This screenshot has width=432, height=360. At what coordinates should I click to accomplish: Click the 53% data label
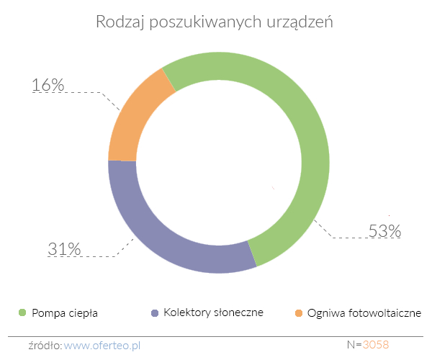tap(384, 232)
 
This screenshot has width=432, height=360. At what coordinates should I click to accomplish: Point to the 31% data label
tap(64, 249)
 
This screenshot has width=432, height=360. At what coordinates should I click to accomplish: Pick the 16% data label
tap(48, 85)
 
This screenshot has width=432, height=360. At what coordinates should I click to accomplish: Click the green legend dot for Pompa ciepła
tap(22, 312)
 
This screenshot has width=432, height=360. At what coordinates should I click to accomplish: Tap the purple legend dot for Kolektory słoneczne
tap(154, 312)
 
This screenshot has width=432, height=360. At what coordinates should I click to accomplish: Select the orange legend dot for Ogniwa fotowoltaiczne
tap(299, 312)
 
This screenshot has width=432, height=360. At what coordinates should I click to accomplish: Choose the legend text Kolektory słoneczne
tap(213, 313)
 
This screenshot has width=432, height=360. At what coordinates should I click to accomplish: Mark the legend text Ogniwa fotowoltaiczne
tap(364, 313)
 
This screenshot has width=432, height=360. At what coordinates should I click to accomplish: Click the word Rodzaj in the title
tap(117, 22)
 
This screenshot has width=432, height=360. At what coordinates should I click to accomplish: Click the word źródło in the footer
tap(45, 346)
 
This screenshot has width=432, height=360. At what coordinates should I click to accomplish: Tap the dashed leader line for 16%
tap(94, 93)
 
